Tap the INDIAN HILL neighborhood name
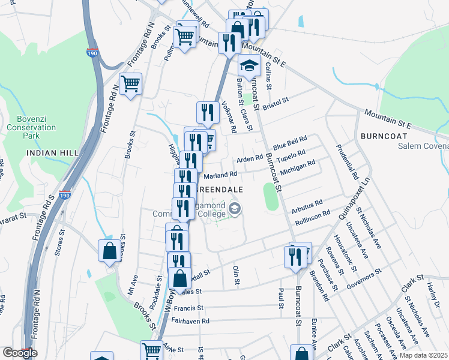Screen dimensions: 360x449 click(53, 154)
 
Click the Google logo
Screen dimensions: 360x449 click(19, 353)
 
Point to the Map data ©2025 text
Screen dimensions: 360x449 click(423, 355)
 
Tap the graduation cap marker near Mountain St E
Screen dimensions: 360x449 click(249, 64)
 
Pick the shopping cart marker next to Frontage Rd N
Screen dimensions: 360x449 click(130, 84)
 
